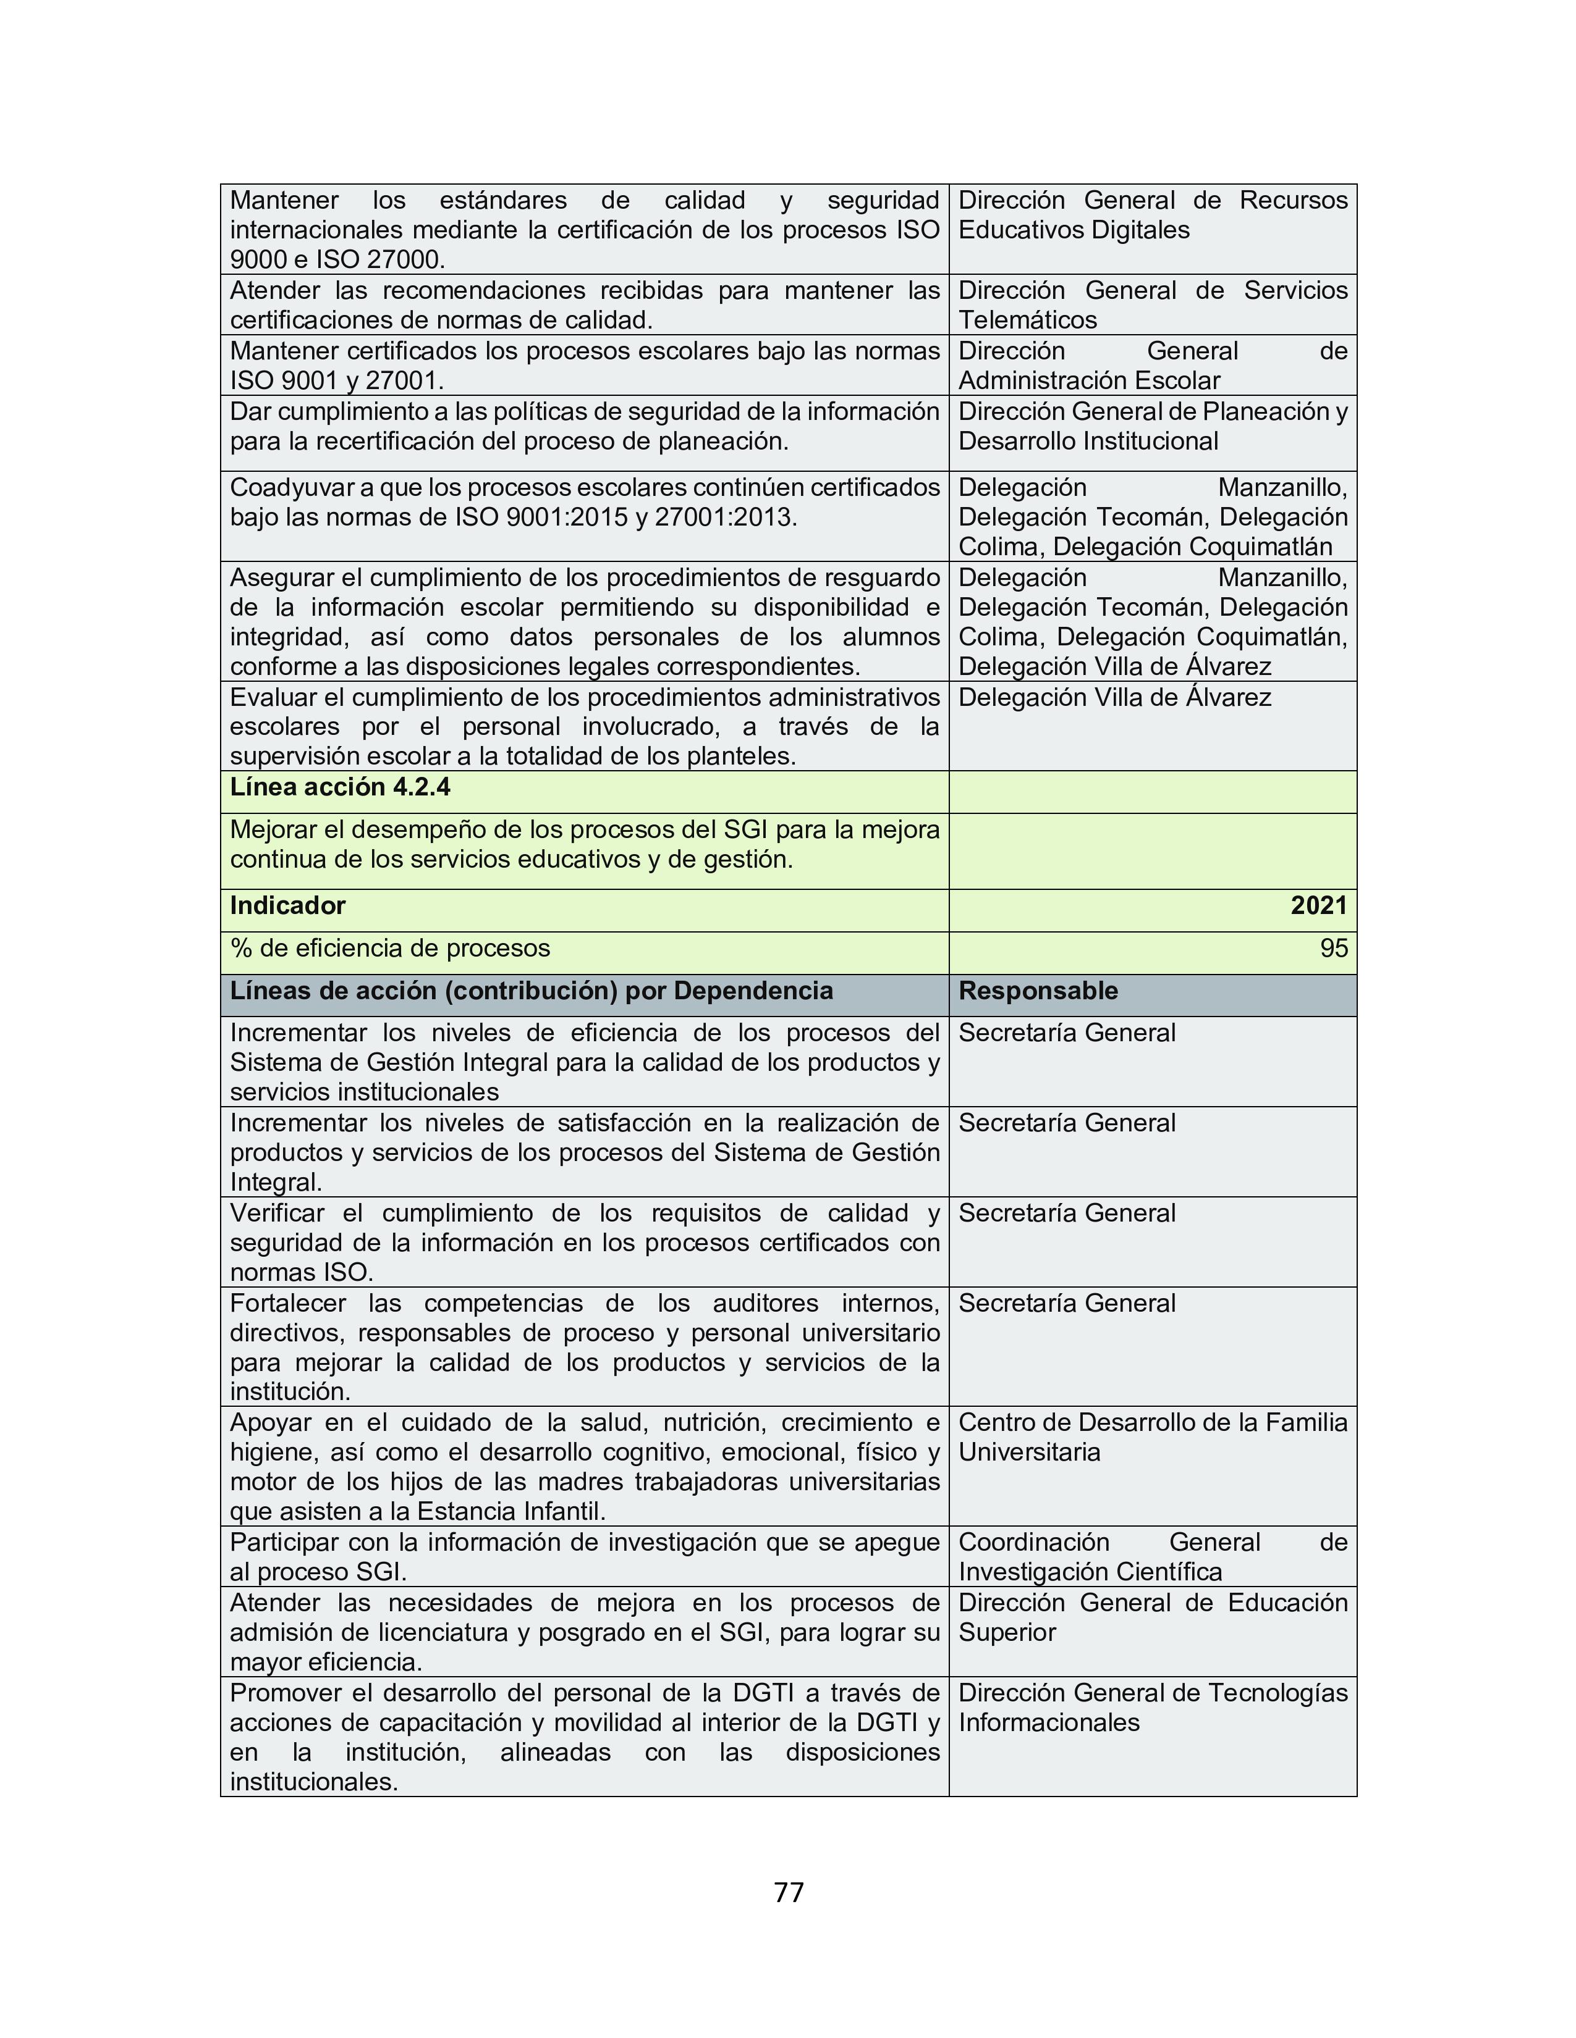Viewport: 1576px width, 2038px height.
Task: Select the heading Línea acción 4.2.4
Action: [x=340, y=787]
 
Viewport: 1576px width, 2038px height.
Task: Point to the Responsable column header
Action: [x=1038, y=991]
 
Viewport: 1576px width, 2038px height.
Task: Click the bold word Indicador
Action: [x=287, y=906]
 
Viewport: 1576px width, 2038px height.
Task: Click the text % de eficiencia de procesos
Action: [x=390, y=949]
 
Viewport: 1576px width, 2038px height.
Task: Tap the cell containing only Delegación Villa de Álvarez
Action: [x=1115, y=698]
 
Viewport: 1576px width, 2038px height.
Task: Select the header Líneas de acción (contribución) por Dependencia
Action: [x=532, y=991]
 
